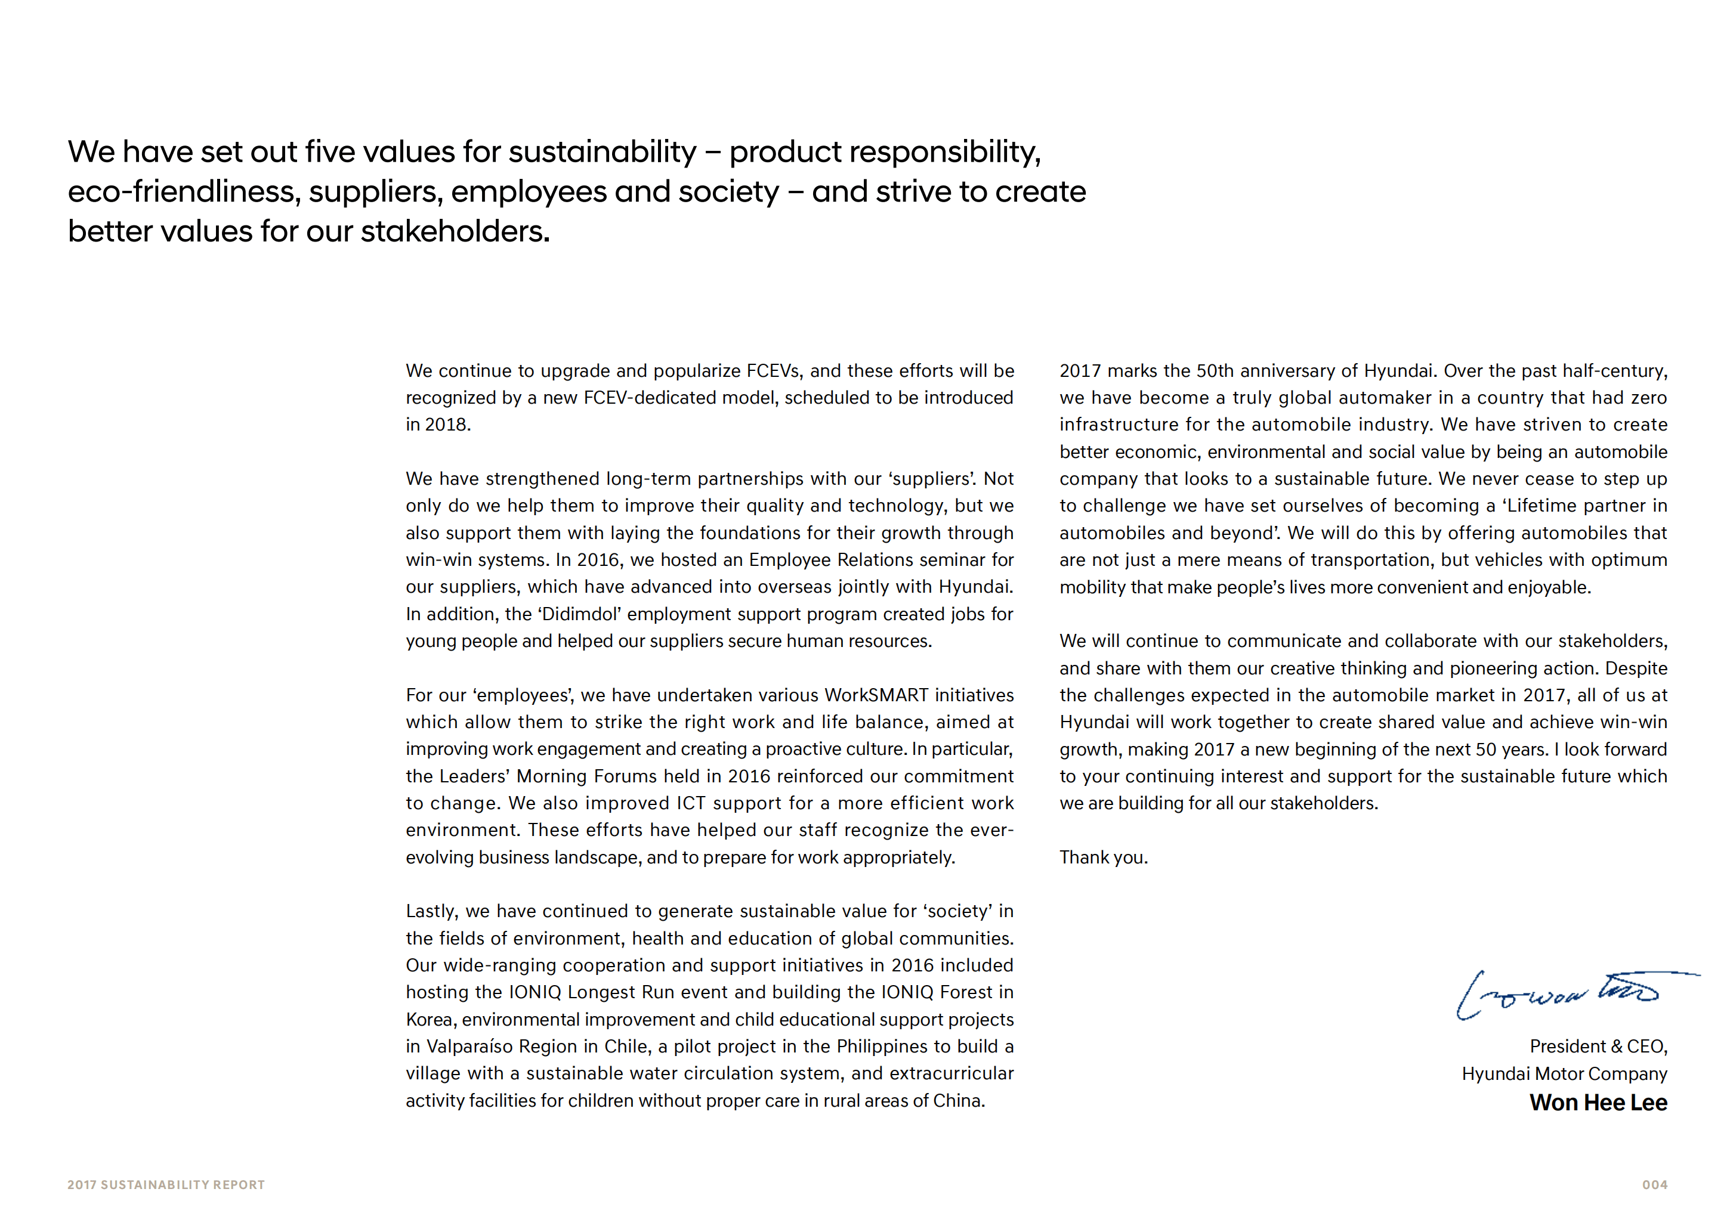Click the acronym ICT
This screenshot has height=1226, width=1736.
pos(691,803)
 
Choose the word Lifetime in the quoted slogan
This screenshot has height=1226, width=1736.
pos(1543,506)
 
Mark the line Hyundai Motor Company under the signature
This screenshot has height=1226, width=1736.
pos(1564,1073)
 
